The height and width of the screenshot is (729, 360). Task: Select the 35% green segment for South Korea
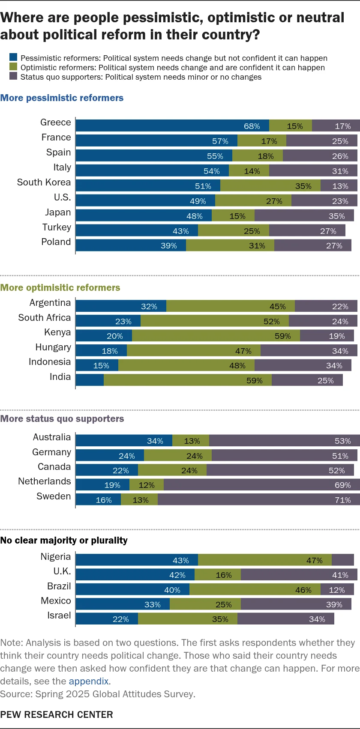click(270, 185)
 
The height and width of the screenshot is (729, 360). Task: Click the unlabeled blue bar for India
click(90, 380)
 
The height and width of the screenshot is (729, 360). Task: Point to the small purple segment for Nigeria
click(343, 560)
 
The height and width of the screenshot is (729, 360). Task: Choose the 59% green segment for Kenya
click(216, 336)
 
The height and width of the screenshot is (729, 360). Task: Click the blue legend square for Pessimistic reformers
click(13, 58)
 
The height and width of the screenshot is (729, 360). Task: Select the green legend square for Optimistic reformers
click(13, 67)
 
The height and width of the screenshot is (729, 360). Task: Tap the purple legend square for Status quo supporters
click(13, 77)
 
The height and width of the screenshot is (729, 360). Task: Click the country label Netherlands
click(45, 481)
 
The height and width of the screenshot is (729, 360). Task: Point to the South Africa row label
click(45, 317)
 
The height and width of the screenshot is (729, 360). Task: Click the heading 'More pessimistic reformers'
click(62, 98)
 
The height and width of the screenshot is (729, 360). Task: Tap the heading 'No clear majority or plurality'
click(64, 540)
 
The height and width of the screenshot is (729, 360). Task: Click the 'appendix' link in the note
click(89, 681)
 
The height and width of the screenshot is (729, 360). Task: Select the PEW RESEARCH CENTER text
click(57, 714)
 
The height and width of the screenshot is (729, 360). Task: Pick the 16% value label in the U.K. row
click(224, 575)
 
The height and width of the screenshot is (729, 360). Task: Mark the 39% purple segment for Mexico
click(296, 604)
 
